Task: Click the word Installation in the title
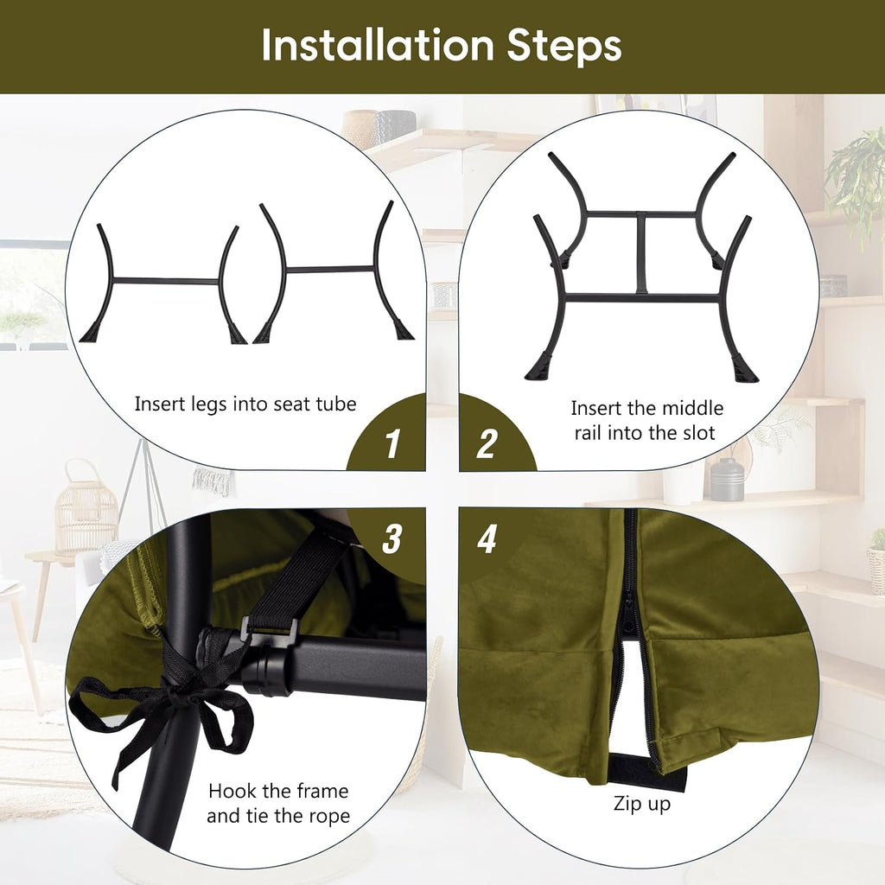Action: (x=378, y=45)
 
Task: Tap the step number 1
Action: (x=393, y=443)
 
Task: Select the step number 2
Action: (x=487, y=443)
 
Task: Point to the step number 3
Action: (x=392, y=538)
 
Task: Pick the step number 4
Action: (x=487, y=538)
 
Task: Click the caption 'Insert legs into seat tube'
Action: (x=245, y=404)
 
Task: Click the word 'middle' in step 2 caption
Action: (x=693, y=408)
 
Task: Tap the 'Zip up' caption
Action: (x=642, y=804)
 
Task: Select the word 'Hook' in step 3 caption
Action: (x=228, y=791)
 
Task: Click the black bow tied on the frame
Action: (x=163, y=705)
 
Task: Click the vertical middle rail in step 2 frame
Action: (x=641, y=253)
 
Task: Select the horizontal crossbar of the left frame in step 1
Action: (x=166, y=281)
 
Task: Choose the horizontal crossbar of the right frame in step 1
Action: (x=329, y=270)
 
